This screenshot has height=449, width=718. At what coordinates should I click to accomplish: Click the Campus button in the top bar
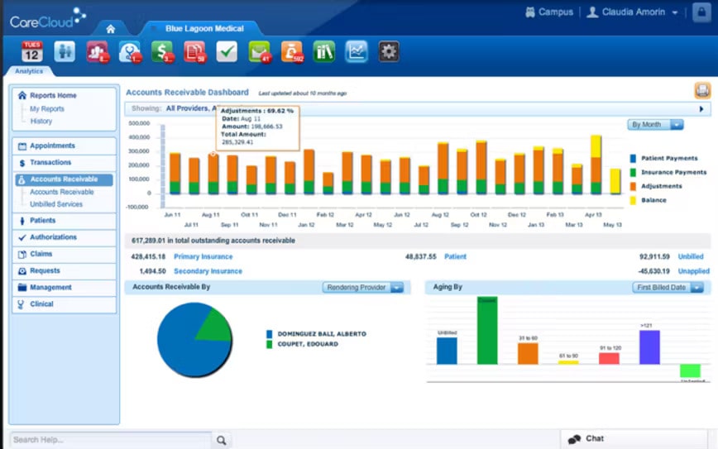click(549, 12)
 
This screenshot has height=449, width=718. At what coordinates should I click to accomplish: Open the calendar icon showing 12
click(31, 52)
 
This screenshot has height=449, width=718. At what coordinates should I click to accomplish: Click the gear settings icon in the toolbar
click(389, 52)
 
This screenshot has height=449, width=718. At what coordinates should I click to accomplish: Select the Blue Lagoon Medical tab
click(204, 28)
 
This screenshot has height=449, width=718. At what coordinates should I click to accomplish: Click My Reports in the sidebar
click(47, 109)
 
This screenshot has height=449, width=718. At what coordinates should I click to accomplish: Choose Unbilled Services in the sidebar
click(56, 204)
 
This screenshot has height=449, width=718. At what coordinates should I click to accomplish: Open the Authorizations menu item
click(53, 237)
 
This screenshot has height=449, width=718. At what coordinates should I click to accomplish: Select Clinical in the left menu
click(41, 304)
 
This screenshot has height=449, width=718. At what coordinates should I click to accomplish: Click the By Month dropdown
click(655, 125)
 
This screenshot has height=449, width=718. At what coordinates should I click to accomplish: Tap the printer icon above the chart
click(702, 92)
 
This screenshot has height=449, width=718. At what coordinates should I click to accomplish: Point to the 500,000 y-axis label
click(139, 123)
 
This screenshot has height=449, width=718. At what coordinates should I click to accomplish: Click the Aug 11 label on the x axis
click(210, 214)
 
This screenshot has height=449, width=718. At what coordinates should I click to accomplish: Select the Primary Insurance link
click(202, 257)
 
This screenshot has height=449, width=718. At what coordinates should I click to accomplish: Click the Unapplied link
click(693, 271)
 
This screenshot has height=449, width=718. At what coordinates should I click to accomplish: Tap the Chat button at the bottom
click(594, 439)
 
